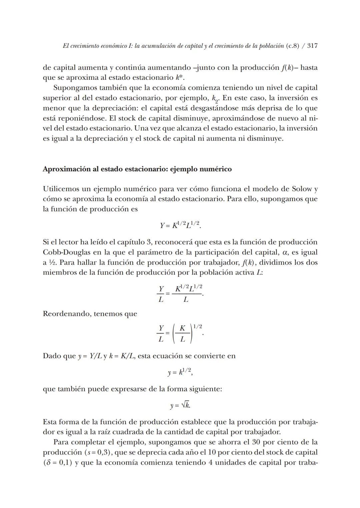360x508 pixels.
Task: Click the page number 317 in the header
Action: [312, 46]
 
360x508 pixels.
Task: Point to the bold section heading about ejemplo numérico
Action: [137, 169]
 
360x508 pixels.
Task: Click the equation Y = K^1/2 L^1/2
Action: [180, 225]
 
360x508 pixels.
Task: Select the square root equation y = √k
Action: [180, 405]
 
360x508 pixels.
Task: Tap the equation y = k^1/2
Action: [180, 372]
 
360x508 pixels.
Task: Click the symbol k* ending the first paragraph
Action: [180, 78]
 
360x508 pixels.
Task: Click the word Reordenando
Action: [66, 314]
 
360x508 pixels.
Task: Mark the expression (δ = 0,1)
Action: [58, 463]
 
